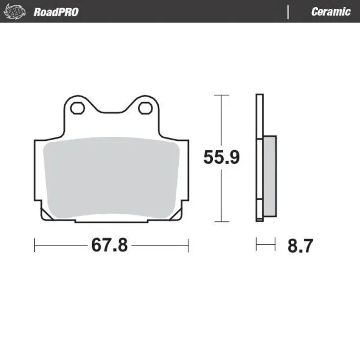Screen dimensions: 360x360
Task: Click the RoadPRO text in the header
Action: pyautogui.click(x=56, y=12)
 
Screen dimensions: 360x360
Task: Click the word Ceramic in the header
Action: pyautogui.click(x=330, y=12)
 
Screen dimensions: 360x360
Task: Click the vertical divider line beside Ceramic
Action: pyautogui.click(x=288, y=12)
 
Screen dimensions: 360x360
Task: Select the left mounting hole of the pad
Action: pyautogui.click(x=76, y=108)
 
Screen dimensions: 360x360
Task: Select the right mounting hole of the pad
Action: pyautogui.click(x=144, y=108)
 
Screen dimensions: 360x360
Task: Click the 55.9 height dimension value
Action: pyautogui.click(x=221, y=157)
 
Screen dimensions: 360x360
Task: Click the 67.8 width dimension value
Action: pyautogui.click(x=109, y=246)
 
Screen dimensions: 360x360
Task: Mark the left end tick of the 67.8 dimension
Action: pyautogui.click(x=35, y=246)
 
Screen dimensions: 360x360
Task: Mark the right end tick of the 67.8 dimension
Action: pyautogui.click(x=188, y=246)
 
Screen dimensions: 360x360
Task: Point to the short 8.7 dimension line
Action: pyautogui.click(x=265, y=245)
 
